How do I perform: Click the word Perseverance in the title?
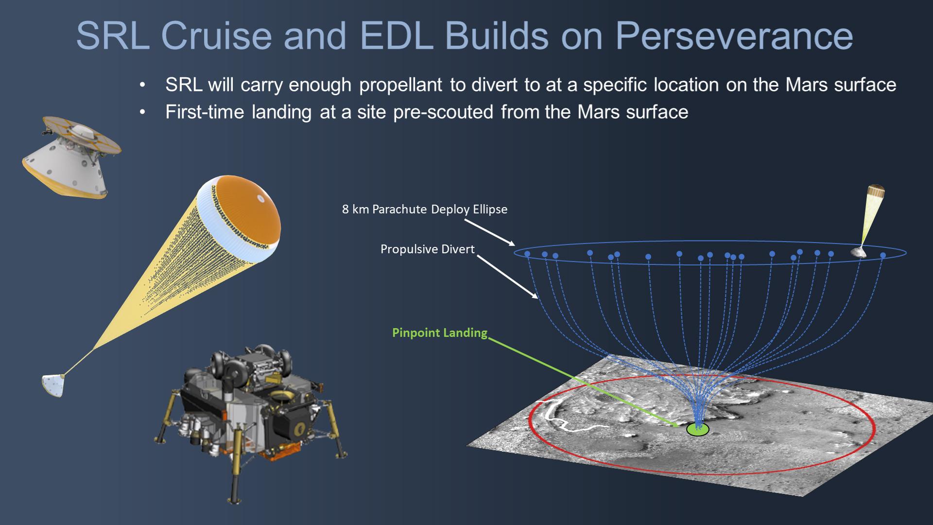point(733,36)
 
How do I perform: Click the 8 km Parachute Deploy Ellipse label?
point(425,210)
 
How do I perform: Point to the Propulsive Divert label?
point(427,249)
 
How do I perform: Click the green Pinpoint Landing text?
point(439,333)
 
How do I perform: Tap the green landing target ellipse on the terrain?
point(697,429)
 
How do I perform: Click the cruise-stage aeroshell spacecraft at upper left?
point(70,158)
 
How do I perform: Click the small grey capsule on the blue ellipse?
point(859,252)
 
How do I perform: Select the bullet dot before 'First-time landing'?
point(142,113)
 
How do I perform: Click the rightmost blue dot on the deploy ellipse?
point(883,255)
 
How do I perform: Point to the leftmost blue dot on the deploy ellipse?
point(527,254)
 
